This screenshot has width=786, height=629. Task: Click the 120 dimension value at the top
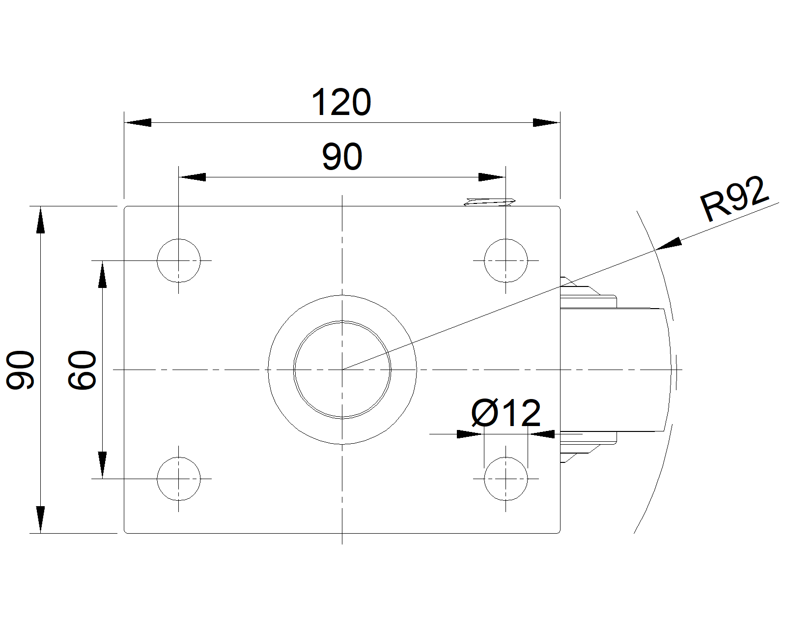tap(341, 103)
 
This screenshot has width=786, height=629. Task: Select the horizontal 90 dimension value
tap(342, 157)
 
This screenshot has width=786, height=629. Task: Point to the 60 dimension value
tap(82, 370)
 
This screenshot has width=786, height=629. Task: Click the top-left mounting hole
tap(179, 260)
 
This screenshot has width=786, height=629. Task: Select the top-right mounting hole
tap(505, 260)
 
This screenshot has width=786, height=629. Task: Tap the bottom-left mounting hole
tap(179, 478)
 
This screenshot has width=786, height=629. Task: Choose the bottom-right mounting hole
tap(505, 478)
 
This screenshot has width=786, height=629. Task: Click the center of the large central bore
tap(342, 369)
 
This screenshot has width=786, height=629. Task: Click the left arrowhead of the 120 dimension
tap(138, 122)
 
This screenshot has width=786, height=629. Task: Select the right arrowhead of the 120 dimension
tap(546, 122)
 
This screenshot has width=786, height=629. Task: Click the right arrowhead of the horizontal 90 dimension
tap(492, 177)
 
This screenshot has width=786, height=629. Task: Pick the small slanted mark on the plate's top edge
tap(489, 201)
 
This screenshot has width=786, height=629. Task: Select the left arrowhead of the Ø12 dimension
tap(469, 434)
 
